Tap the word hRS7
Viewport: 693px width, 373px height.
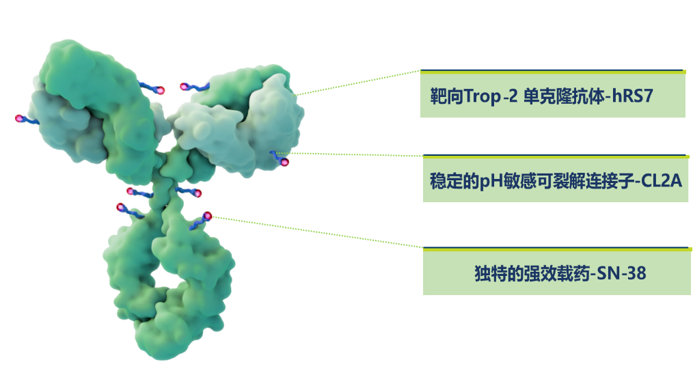(632, 96)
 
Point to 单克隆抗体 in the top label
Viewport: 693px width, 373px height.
(564, 96)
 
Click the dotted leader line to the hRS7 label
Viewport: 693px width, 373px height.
(357, 82)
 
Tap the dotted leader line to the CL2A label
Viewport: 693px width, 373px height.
(349, 154)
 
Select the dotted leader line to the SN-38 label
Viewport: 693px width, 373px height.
(317, 232)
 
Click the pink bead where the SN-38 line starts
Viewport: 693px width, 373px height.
(207, 216)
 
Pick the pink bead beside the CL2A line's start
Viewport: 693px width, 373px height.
(284, 162)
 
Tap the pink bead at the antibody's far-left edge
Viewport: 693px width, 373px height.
(19, 118)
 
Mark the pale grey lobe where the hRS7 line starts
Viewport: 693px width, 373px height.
(276, 120)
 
